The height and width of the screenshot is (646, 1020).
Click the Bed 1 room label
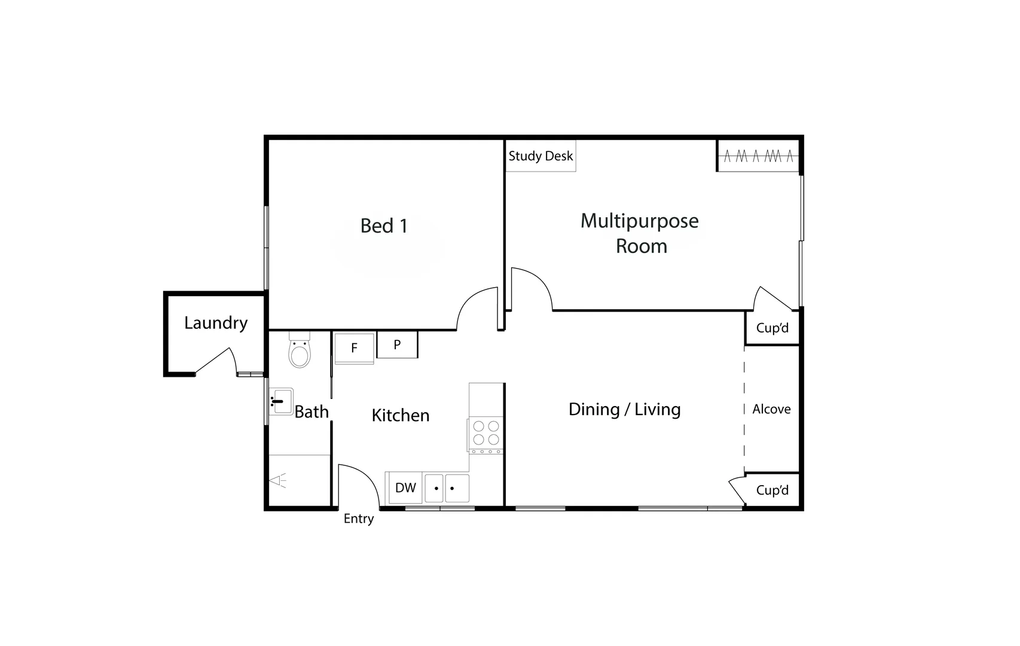(384, 226)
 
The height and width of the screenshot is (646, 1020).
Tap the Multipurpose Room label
(640, 233)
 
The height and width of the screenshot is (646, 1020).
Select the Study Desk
(540, 156)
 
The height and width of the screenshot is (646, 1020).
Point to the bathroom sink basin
(280, 401)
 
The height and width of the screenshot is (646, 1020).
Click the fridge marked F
(354, 348)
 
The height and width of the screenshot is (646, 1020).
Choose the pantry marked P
(397, 345)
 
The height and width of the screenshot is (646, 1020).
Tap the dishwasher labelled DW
(405, 488)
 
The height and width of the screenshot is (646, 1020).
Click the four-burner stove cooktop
(485, 434)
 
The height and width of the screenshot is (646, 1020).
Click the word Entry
(359, 519)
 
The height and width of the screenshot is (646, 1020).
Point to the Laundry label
(216, 323)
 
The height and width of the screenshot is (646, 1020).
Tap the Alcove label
(771, 410)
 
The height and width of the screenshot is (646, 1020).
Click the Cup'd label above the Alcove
(772, 328)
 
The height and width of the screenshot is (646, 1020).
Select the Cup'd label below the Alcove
(772, 490)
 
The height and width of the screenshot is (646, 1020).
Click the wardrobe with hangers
(758, 157)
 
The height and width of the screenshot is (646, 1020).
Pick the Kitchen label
(401, 416)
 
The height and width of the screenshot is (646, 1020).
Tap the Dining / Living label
(624, 410)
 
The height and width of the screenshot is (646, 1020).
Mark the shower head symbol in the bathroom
(279, 480)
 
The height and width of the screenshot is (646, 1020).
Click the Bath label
(312, 412)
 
